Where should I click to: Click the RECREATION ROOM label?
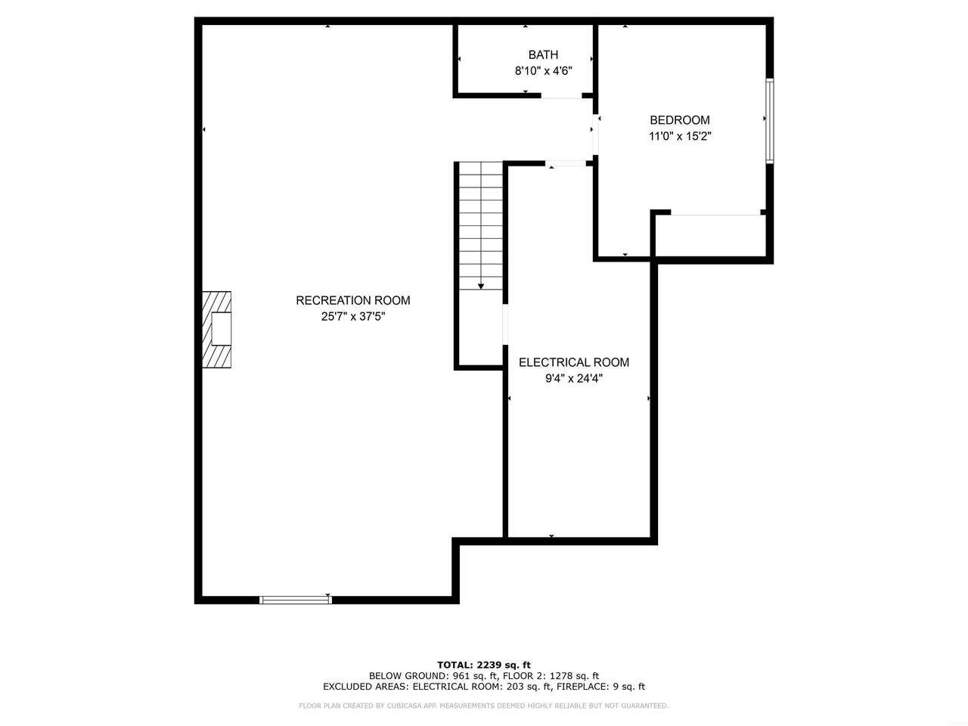pos(353,300)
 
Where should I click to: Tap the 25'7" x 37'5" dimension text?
pos(353,317)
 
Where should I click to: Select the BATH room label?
pos(543,54)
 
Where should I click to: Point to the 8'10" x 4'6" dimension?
pos(543,70)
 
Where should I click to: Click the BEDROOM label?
pos(680,120)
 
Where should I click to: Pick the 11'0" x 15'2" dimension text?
pos(680,136)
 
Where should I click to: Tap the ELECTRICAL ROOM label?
pos(574,362)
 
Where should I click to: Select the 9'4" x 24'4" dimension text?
pos(574,379)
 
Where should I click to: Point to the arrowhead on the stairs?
pos(481,287)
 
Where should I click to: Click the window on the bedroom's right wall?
pos(769,121)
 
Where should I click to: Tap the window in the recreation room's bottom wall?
pos(296,600)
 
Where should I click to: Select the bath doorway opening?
pos(561,95)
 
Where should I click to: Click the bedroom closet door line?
pos(715,215)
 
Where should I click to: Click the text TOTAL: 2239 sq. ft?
pos(484,665)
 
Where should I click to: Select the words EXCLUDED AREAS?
pos(365,687)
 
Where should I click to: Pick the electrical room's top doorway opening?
pos(566,163)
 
